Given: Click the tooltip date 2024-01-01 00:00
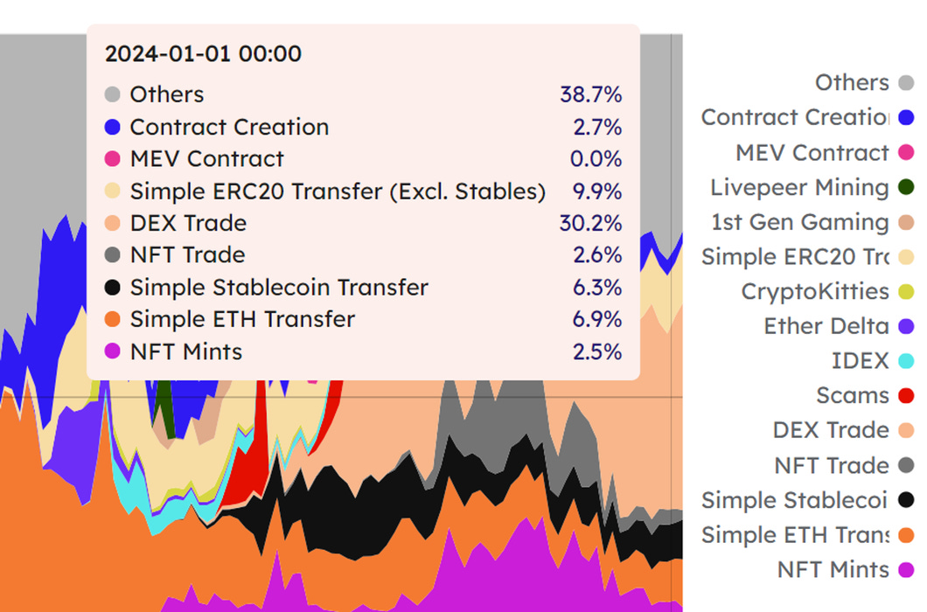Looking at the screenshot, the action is (203, 54).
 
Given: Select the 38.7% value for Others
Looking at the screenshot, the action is (590, 94).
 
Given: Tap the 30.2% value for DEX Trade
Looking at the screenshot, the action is (590, 223).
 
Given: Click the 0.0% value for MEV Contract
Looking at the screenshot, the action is (596, 159).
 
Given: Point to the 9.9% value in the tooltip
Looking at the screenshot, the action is (597, 191).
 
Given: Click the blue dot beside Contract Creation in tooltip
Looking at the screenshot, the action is (112, 127).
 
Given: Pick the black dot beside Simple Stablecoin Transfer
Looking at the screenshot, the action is (112, 288).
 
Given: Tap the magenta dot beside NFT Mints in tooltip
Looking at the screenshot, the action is (112, 351).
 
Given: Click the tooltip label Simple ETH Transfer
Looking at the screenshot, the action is (242, 319).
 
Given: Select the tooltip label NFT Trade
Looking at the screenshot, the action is (187, 254).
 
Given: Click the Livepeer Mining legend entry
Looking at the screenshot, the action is (799, 187).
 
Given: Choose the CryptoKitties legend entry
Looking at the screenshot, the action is (815, 291).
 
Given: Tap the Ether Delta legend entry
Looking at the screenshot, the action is (826, 326).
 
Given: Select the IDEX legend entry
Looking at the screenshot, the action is (861, 361).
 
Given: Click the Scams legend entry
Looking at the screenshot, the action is (853, 395).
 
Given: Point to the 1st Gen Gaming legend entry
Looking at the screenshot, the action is (800, 222).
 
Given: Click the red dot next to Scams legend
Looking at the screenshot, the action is (906, 395).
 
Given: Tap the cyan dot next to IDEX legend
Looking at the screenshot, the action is (906, 361).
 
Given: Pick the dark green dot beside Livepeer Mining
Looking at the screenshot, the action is (906, 187).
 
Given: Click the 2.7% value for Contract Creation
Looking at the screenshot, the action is (597, 127).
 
